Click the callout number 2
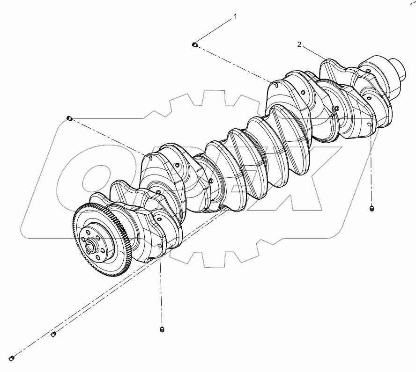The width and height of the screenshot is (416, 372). tap(299, 44)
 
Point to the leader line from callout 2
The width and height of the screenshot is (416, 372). tap(314, 52)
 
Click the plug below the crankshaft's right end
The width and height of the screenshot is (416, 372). tap(372, 208)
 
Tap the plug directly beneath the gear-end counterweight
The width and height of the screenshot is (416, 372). tap(162, 330)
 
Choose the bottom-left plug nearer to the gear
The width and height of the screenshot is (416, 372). tap(53, 334)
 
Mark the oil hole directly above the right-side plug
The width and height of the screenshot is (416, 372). tap(371, 126)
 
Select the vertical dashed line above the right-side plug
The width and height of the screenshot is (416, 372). tap(371, 168)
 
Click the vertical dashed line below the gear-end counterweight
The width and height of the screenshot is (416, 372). tap(162, 290)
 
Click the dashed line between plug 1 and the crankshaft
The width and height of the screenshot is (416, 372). tap(234, 65)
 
